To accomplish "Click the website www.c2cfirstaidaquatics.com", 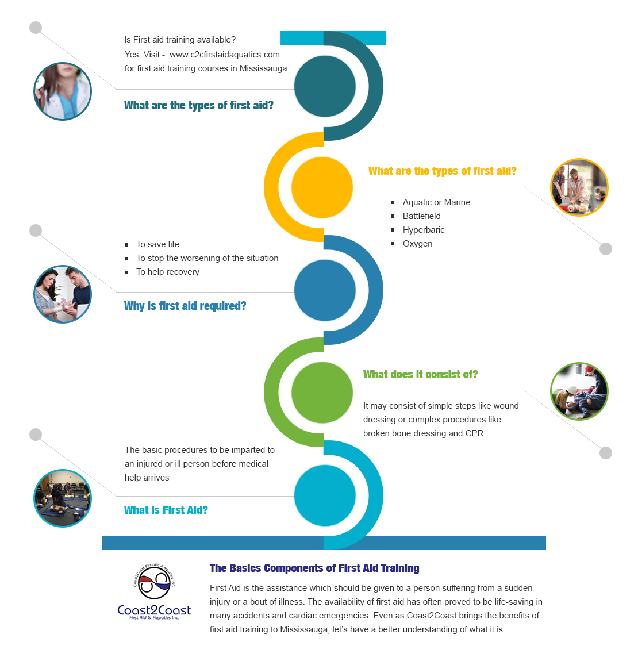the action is coord(225,55).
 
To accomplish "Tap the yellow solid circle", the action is coord(322,187).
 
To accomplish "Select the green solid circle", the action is coord(322,393).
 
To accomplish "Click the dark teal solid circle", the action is coord(325,86).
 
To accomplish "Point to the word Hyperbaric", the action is coord(424,230).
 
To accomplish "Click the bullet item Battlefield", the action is coord(422,216).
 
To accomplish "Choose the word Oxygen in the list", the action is coord(417,244).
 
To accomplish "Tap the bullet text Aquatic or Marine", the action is coord(436,202).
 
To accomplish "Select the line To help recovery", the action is coord(168,272).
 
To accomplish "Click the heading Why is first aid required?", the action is coord(185,306).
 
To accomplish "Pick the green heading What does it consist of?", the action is coord(420,374).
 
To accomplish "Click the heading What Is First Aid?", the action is coord(166,510).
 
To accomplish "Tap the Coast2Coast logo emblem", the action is coord(155,582).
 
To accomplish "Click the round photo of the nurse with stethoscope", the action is coord(63,91).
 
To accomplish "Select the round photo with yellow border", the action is coord(579,187).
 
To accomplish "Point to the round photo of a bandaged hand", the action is coord(63,294).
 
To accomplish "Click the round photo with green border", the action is coord(579,391).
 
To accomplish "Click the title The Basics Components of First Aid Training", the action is coord(314,568).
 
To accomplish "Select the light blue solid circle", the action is coord(325,495).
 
